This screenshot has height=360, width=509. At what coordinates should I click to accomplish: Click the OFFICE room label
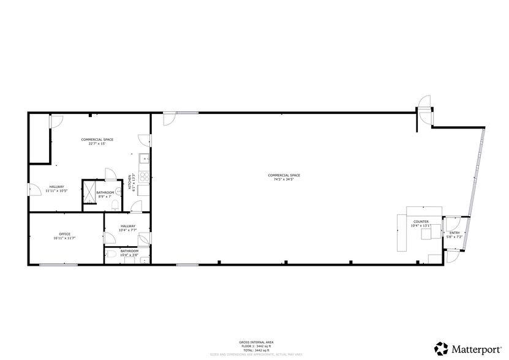(65, 234)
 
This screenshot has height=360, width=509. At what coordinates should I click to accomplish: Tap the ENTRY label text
(454, 233)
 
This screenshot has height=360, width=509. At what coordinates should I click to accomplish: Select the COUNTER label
(421, 222)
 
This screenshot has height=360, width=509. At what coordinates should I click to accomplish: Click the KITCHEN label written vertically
(129, 182)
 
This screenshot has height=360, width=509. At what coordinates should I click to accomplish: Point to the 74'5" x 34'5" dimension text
(284, 179)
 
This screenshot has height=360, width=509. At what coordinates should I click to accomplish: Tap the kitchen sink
(145, 159)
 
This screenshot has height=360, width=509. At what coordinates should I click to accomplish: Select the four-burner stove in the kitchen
(145, 176)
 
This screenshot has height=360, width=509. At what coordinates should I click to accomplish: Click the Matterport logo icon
(440, 348)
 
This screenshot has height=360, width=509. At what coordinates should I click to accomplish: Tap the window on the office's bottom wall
(58, 264)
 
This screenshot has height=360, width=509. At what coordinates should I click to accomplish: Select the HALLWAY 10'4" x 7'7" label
(128, 228)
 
